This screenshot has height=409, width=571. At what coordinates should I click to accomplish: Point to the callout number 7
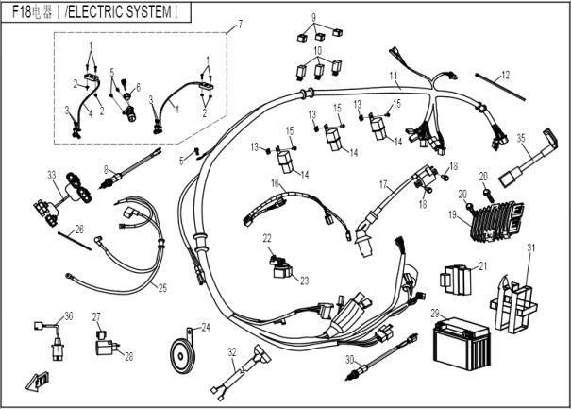click(239, 24)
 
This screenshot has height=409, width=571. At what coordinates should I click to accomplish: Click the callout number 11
click(394, 74)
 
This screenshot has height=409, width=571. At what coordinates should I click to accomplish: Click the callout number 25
click(161, 287)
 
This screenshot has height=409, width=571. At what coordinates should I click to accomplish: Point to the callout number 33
click(51, 174)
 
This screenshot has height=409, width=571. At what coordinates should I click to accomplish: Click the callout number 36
click(67, 315)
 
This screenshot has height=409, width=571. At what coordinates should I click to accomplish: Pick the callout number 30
click(349, 359)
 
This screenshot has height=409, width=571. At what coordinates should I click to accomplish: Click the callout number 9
click(314, 17)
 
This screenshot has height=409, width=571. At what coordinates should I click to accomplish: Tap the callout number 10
click(319, 50)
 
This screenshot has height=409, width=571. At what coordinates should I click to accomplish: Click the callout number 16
click(275, 182)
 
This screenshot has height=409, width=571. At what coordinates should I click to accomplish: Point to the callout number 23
click(304, 281)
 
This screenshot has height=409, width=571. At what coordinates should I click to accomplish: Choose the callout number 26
click(79, 229)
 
